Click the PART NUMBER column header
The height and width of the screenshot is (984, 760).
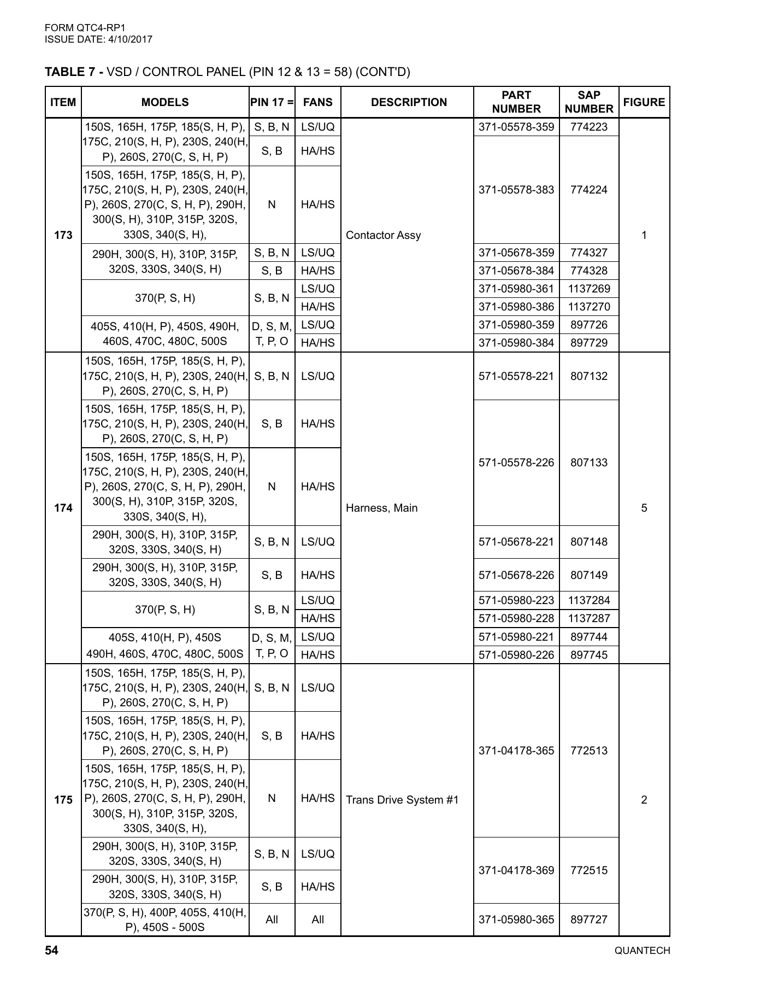pos(516,102)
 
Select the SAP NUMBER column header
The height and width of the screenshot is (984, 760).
pos(588,102)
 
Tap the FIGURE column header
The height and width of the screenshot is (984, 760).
pos(644,102)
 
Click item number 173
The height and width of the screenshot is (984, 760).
pos(63,235)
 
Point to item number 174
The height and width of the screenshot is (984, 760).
pos(63,508)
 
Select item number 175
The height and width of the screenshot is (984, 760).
pos(63,800)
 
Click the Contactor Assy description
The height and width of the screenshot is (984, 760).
pos(384,235)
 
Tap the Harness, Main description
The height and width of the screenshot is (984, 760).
pos(382,508)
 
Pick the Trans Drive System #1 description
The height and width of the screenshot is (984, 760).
pos(402,800)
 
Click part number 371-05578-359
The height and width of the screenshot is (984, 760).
pos(516,127)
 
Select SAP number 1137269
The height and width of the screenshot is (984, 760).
pos(588,289)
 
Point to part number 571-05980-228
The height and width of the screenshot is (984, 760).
pos(516,618)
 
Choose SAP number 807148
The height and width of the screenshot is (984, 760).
pos(588,542)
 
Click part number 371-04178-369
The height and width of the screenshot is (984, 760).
pos(516,870)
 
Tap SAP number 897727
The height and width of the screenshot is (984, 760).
pos(588,919)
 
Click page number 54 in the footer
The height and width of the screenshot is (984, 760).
pos(51,951)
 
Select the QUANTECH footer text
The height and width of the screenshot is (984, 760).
pos(642,951)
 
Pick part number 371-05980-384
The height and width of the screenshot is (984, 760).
pos(516,343)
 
